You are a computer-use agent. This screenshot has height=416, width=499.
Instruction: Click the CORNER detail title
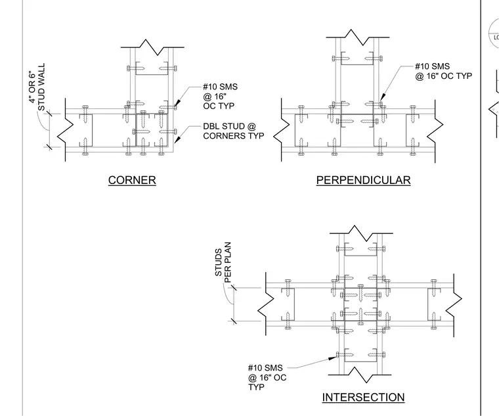(132, 180)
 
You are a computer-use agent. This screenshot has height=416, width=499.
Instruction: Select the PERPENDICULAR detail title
(364, 180)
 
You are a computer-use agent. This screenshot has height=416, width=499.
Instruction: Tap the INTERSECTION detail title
(364, 398)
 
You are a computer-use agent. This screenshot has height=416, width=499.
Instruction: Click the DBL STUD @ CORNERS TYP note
(234, 131)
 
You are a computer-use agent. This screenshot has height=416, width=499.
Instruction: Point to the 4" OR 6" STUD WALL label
(37, 87)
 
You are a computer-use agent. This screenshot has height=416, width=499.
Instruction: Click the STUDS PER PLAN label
(223, 262)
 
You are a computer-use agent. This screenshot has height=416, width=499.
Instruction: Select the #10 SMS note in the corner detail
(220, 96)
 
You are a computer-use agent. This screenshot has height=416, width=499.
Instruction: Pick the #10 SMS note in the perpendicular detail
(443, 71)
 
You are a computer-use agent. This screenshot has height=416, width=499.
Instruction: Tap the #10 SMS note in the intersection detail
(267, 377)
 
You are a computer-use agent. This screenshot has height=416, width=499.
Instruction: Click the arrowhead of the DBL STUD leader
(177, 139)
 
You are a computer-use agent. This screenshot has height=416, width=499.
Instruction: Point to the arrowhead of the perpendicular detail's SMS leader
(383, 97)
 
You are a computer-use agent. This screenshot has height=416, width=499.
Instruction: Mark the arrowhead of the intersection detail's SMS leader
(332, 358)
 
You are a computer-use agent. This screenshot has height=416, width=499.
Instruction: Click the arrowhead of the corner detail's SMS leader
(177, 103)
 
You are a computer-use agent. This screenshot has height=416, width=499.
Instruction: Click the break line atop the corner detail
(152, 47)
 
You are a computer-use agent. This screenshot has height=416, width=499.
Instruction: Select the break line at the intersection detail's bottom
(360, 375)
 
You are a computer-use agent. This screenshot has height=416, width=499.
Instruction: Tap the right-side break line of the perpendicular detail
(435, 131)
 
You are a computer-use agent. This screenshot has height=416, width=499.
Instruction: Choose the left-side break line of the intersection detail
(265, 304)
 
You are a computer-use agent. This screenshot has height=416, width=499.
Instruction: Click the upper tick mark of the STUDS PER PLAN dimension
(234, 288)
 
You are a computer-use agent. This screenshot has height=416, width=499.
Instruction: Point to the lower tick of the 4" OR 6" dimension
(49, 147)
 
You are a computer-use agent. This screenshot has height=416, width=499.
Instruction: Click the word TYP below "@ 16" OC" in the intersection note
(256, 387)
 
